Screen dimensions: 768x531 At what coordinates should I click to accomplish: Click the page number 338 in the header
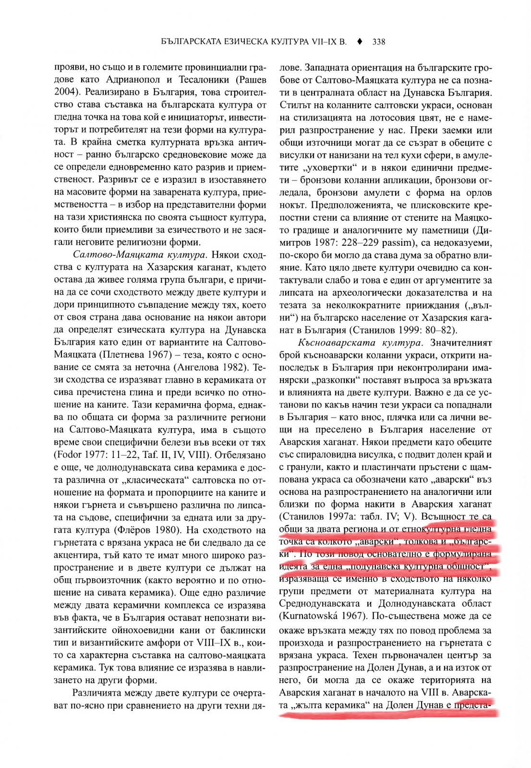click(x=378, y=42)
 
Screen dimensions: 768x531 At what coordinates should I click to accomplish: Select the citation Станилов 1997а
click(x=316, y=517)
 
